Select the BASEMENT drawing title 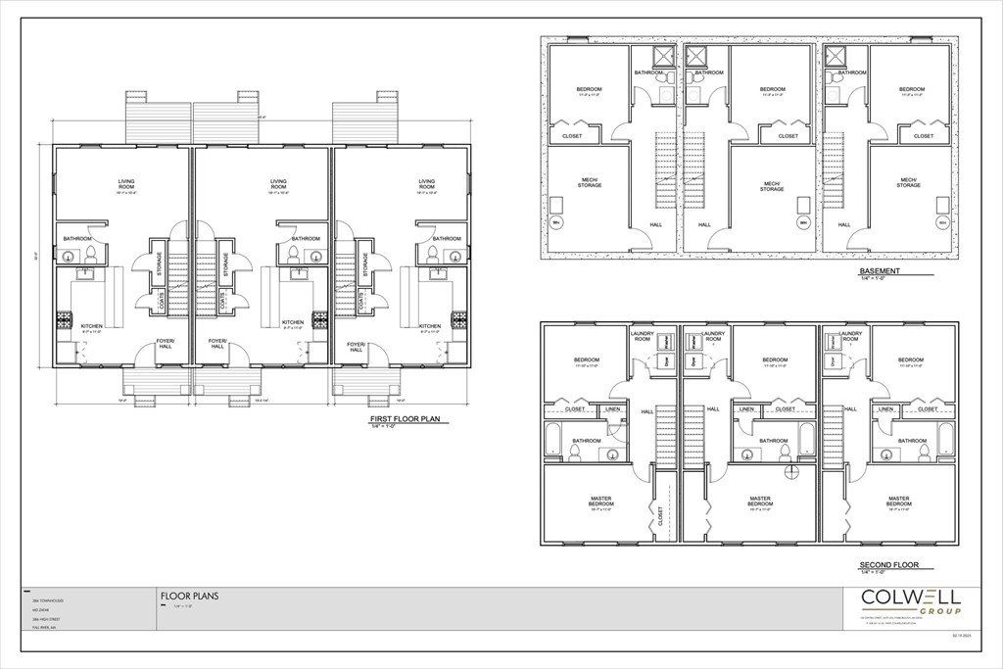point(880,271)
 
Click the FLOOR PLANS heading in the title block point(189,596)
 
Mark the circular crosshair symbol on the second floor point(791,470)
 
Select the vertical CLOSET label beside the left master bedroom point(659,516)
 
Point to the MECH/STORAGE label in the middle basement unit point(772,186)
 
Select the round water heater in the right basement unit point(942,224)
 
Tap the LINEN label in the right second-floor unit point(884,408)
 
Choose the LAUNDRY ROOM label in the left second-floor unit point(644,337)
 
